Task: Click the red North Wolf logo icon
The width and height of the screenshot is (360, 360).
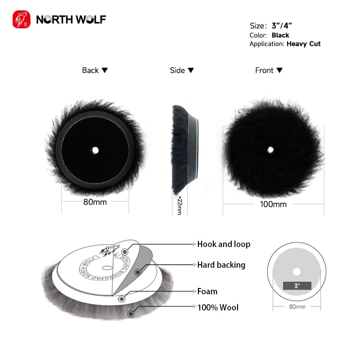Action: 22,20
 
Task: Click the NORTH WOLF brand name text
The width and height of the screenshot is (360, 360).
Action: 71,20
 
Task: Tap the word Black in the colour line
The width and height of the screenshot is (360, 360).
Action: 280,35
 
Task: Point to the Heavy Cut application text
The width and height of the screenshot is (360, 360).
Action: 304,44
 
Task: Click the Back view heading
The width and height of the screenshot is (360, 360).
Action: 95,70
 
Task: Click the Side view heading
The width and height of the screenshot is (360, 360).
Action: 182,70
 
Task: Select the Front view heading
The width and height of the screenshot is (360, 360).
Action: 269,70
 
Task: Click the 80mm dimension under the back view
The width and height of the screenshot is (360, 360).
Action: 95,202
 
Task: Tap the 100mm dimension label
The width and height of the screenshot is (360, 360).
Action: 273,204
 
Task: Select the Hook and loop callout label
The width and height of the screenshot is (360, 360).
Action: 224,244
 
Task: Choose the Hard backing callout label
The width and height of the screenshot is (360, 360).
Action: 221,265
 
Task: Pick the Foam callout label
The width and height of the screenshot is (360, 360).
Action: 207,291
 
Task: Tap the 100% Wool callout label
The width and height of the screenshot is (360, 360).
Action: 218,308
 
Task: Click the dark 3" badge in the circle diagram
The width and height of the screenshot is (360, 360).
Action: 297,285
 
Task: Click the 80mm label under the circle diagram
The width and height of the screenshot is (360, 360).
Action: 297,307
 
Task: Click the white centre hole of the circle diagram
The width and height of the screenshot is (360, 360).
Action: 297,271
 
